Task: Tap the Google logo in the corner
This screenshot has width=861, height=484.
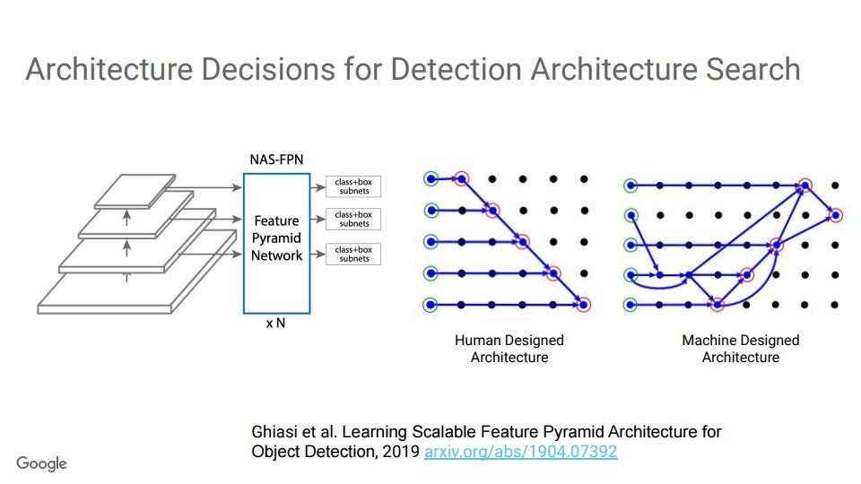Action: [41, 463]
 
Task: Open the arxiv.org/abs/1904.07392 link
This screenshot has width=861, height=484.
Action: [520, 452]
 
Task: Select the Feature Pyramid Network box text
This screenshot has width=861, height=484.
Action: [276, 238]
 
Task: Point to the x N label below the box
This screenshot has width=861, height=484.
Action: [275, 324]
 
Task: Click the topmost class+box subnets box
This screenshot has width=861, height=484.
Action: [353, 186]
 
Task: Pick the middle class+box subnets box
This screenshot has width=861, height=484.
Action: [353, 220]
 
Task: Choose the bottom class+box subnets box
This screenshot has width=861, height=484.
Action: [353, 254]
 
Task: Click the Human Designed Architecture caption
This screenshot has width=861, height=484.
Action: [509, 349]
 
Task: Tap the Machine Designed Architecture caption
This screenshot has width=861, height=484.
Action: [740, 349]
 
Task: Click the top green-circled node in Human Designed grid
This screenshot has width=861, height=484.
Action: [431, 179]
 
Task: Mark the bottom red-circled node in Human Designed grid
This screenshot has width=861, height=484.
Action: [585, 305]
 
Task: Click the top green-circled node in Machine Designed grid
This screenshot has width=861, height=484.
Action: [631, 186]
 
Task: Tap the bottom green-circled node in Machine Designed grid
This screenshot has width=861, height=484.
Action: [631, 305]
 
